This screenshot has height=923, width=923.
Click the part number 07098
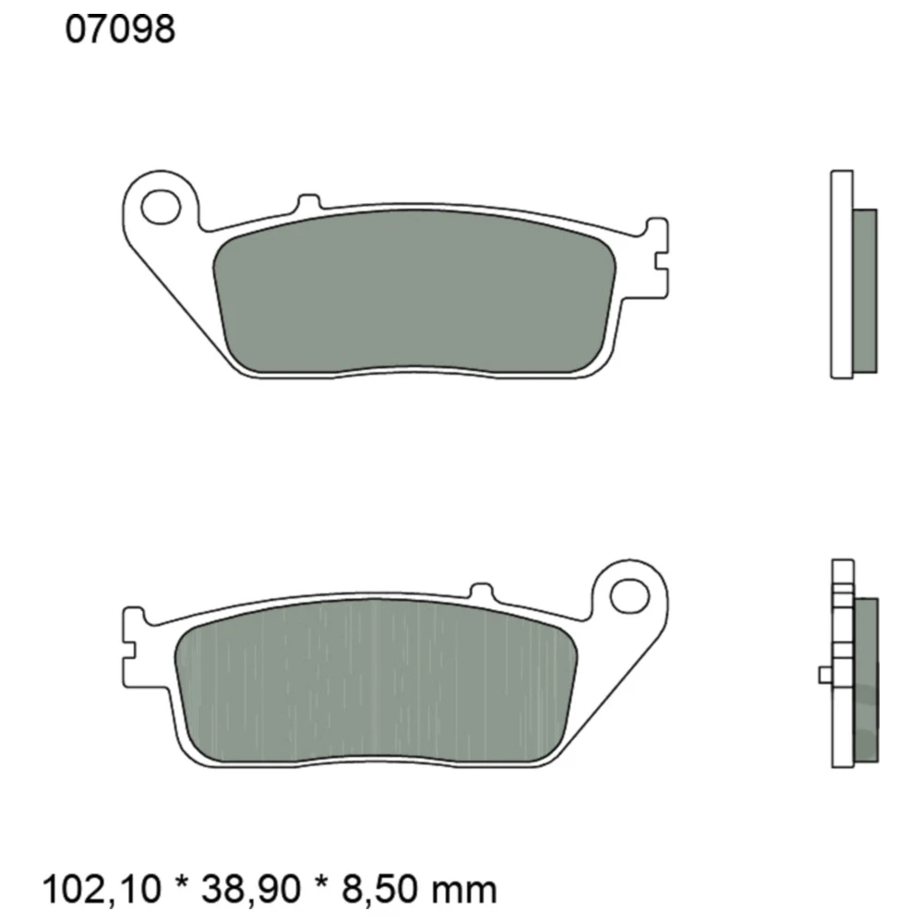(x=120, y=30)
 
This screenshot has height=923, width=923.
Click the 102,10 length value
(x=102, y=889)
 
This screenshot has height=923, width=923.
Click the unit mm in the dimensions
(x=469, y=891)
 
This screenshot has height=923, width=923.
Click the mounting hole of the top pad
(x=161, y=205)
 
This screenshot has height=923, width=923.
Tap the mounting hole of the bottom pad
(x=629, y=593)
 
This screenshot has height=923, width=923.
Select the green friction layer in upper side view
(x=864, y=291)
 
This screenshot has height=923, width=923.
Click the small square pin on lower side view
(x=825, y=675)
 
